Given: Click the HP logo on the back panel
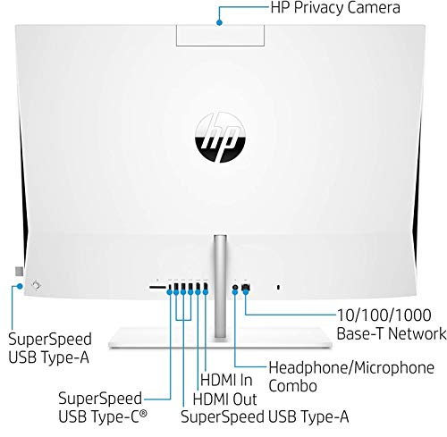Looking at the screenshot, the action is pos(220,138).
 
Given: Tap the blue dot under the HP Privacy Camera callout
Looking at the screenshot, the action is pos(219,22).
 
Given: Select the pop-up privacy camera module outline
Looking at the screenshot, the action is pos(220,36).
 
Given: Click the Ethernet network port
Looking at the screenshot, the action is pos(246,287).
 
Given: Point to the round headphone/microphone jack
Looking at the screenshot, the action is pos(235,288).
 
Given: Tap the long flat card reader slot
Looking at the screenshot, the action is pos(157,287).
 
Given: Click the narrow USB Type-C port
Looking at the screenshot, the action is pos(170,287).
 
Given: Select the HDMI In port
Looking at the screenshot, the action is pos(206,287).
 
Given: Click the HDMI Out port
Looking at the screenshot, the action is pos(198,287).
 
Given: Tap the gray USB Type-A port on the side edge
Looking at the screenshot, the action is pos(19,272).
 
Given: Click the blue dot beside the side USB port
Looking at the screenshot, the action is pos(20,286).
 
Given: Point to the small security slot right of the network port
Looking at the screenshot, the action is pos(278,287).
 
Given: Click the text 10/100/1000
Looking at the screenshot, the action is pos(384,315).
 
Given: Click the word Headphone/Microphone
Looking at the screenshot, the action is pos(351,367).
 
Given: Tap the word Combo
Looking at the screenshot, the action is pos(292,386).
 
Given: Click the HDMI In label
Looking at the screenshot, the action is pos(226,380).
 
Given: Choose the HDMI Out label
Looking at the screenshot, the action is pos(224,399).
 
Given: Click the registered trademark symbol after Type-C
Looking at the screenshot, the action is pos(144,413).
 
